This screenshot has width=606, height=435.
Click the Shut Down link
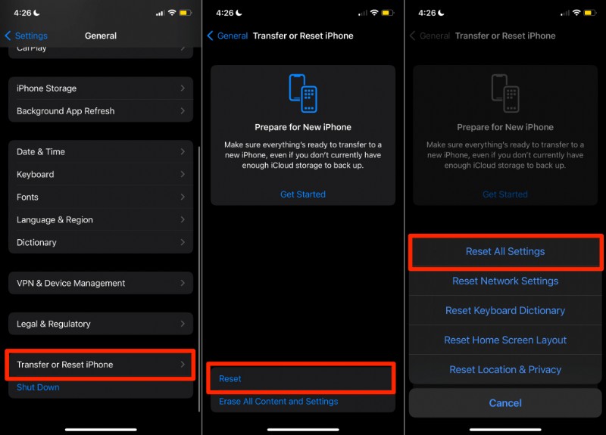click(38, 387)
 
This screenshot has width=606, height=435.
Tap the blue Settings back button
click(27, 36)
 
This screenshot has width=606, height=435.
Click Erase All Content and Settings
click(278, 402)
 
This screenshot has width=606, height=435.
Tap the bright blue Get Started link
click(303, 194)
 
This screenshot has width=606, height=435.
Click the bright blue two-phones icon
click(303, 93)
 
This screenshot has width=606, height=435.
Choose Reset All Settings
click(505, 252)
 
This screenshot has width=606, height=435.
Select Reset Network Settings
click(505, 281)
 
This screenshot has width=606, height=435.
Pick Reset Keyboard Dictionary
click(505, 311)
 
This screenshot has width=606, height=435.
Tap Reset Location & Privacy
click(505, 370)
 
